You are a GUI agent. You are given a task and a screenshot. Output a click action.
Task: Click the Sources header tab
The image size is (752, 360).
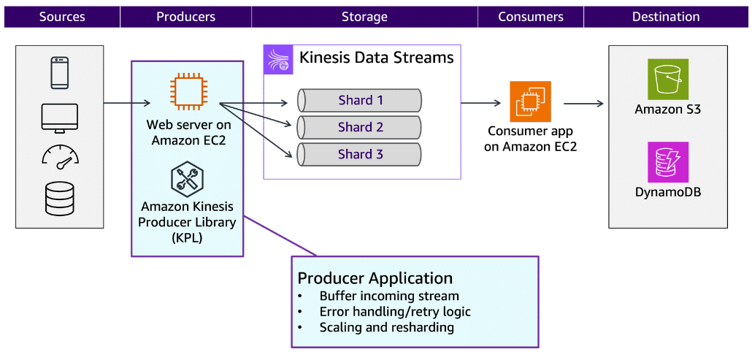pyautogui.click(x=61, y=17)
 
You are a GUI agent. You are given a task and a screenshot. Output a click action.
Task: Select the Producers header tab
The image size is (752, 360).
pyautogui.click(x=185, y=17)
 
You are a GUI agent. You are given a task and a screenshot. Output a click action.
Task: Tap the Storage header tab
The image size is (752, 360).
pyautogui.click(x=364, y=17)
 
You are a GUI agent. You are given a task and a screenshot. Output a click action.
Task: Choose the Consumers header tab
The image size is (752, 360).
pyautogui.click(x=531, y=17)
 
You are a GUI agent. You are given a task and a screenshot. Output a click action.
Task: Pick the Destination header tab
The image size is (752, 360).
pyautogui.click(x=665, y=17)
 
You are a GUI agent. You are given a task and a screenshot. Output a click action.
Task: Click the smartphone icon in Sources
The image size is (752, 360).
pyautogui.click(x=60, y=73)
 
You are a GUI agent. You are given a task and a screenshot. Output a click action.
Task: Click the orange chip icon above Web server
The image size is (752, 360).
pyautogui.click(x=187, y=92)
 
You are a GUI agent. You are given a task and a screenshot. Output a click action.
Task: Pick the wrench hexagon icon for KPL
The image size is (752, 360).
pyautogui.click(x=187, y=179)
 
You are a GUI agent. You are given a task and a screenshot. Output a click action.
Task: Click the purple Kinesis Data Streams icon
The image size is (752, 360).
pyautogui.click(x=278, y=59)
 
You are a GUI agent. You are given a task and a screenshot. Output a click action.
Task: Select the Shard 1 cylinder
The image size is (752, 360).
pyautogui.click(x=359, y=100)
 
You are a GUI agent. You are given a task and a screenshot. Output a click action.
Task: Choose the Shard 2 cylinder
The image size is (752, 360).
pyautogui.click(x=359, y=127)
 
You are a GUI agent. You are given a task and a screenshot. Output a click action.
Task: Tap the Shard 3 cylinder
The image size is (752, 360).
pyautogui.click(x=359, y=154)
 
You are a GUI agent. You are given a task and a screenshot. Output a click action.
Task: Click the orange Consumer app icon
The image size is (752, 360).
pyautogui.click(x=530, y=102)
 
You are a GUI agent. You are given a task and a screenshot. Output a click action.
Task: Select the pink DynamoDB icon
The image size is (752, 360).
pyautogui.click(x=668, y=161)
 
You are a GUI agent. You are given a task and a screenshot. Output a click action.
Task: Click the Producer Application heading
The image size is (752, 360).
pyautogui.click(x=375, y=278)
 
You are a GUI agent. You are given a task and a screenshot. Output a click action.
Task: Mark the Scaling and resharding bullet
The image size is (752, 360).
pyautogui.click(x=386, y=328)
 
